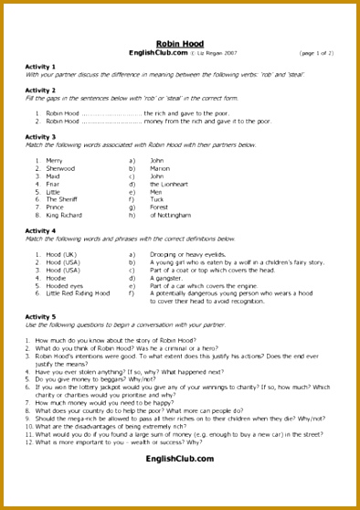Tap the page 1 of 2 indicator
point(316,53)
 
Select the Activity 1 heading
point(40,67)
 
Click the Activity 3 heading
point(40,137)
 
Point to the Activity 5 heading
point(40,316)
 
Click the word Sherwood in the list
point(60,168)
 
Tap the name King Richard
point(64,215)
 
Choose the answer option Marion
point(160,168)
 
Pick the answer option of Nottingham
point(171,215)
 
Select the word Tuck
point(157,199)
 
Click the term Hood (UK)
point(62,254)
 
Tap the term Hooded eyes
point(65,285)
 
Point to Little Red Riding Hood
point(78,293)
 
